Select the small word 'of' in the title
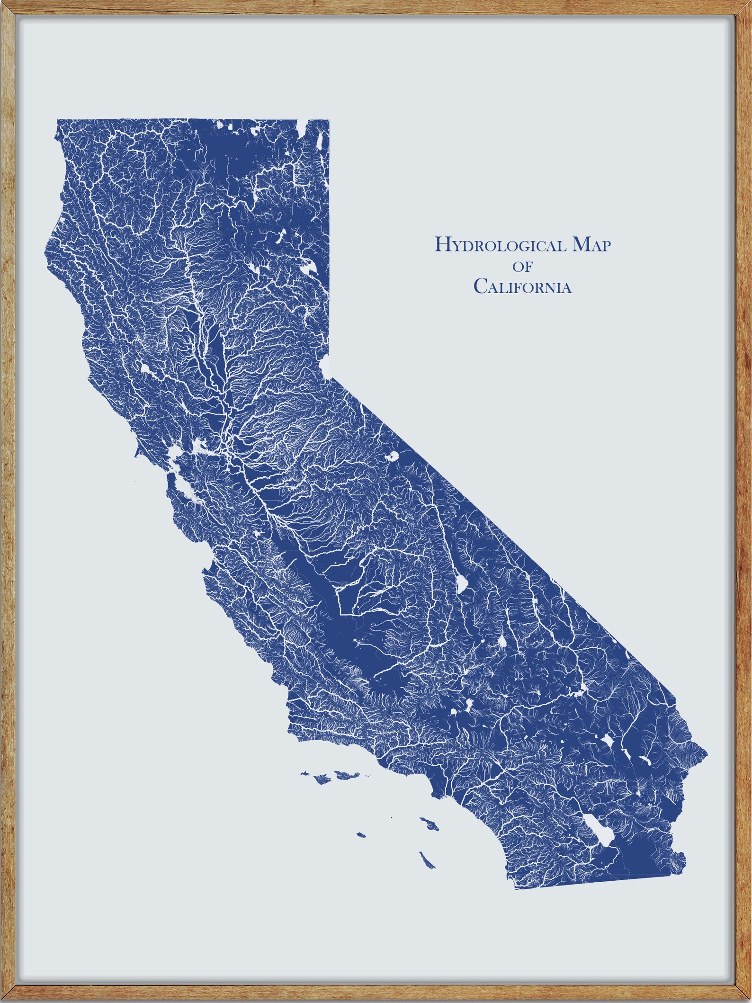[x=523, y=267]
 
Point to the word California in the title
[x=523, y=287]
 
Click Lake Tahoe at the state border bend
[x=324, y=366]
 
